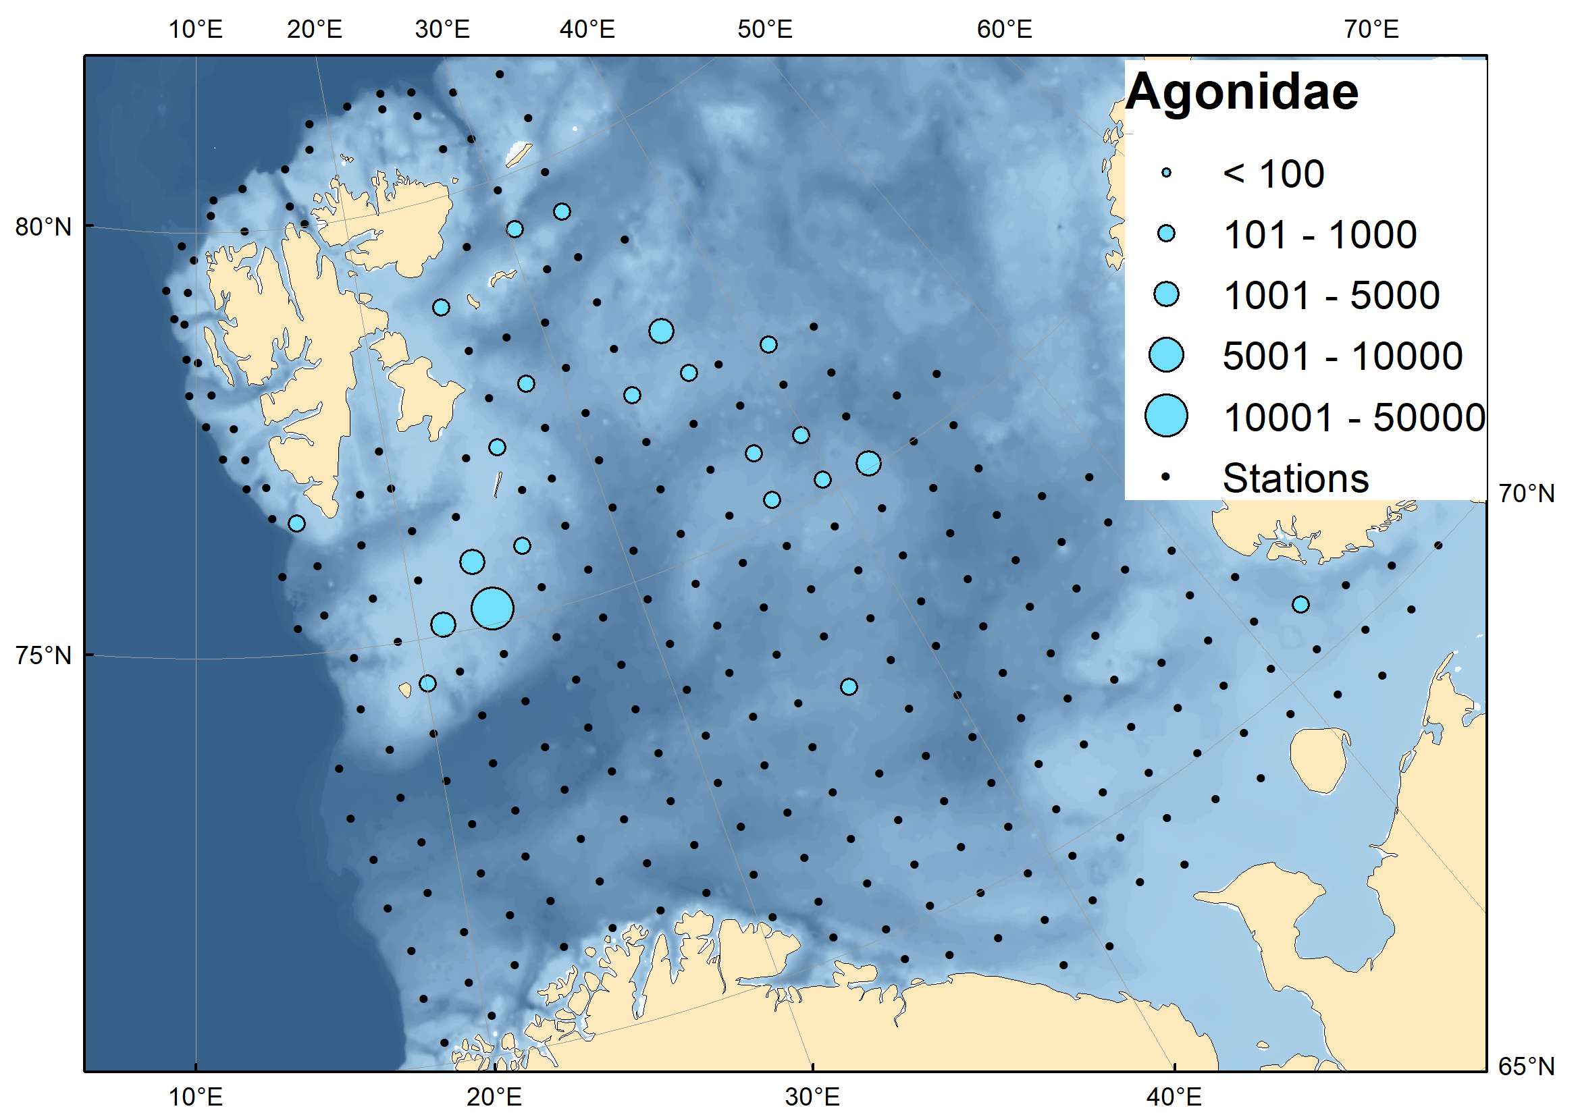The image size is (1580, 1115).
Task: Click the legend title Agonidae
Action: tap(1242, 92)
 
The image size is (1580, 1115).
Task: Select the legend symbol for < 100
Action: tap(1166, 173)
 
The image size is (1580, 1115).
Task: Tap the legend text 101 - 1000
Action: tap(1320, 236)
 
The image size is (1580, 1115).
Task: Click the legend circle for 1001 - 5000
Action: tap(1166, 295)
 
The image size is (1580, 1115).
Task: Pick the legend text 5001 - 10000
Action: tap(1342, 356)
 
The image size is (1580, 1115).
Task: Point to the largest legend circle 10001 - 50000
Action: tap(1166, 416)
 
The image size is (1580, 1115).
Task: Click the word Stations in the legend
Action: tap(1295, 478)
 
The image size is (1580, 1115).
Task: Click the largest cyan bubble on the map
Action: tap(493, 609)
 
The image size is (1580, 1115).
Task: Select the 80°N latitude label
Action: tap(43, 227)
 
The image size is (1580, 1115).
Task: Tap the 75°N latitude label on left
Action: tap(43, 655)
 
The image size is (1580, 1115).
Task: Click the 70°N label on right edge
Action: tap(1527, 493)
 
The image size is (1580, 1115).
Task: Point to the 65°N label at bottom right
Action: tap(1527, 1066)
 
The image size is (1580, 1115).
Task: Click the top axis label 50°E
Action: tap(765, 30)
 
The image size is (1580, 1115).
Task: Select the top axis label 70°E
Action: tap(1371, 30)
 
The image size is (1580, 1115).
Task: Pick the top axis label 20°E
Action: tap(315, 30)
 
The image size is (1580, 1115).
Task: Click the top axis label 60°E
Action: tap(1005, 30)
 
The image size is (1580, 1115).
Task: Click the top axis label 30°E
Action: tap(442, 30)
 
